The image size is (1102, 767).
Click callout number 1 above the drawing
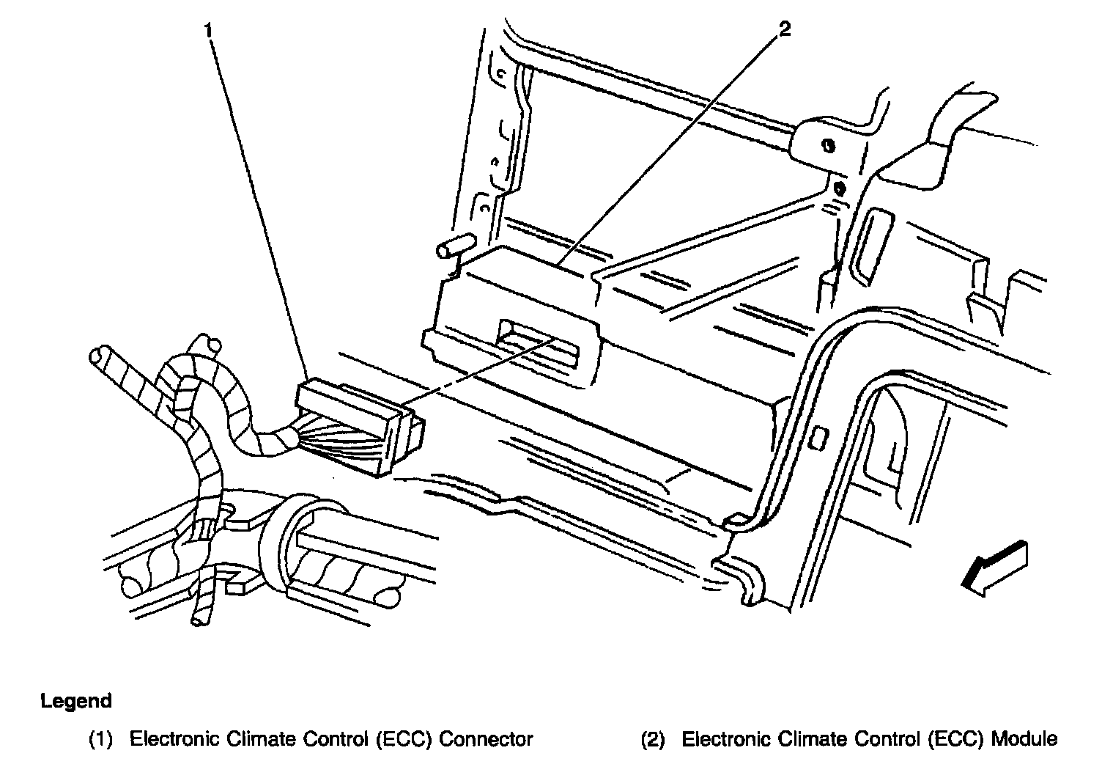(210, 31)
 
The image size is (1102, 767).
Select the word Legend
(76, 701)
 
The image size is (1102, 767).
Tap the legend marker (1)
(100, 740)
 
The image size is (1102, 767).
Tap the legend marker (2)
(653, 740)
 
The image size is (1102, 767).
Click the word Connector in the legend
(486, 739)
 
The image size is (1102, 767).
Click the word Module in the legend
(1024, 739)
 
